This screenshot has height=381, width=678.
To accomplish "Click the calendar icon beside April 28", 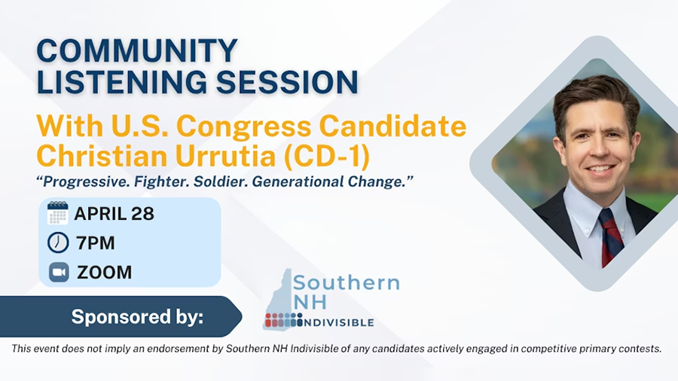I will pyautogui.click(x=58, y=213).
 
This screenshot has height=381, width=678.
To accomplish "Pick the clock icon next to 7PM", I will pyautogui.click(x=58, y=242).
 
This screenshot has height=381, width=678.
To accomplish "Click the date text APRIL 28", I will pyautogui.click(x=114, y=214).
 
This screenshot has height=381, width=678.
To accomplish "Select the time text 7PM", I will pyautogui.click(x=96, y=243).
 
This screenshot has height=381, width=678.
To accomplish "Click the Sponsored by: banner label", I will pyautogui.click(x=137, y=317).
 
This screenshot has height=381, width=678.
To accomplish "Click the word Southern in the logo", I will pyautogui.click(x=346, y=284).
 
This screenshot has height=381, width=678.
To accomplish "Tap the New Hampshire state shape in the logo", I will pyautogui.click(x=280, y=297).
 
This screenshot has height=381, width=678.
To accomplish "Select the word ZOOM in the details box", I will pyautogui.click(x=104, y=273).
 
